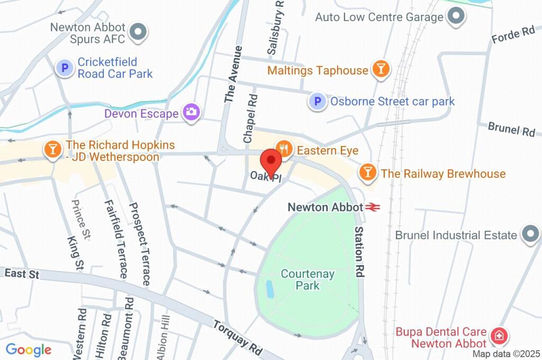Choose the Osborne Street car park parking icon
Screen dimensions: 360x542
(317, 101)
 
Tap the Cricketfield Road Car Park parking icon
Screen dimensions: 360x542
(64, 68)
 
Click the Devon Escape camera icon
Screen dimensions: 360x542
(191, 112)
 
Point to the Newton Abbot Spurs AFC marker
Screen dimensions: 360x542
(138, 32)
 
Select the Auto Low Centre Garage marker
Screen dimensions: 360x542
(455, 17)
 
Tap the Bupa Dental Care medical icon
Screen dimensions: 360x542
(498, 336)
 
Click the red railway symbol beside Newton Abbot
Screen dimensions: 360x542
(372, 207)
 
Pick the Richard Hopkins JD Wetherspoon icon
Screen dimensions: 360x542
(52, 149)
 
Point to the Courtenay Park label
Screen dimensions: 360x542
(300, 280)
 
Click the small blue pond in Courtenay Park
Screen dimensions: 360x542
(269, 289)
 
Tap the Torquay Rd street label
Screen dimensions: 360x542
(238, 336)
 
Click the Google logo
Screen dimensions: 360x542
(28, 349)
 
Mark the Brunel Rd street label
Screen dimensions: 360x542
(511, 129)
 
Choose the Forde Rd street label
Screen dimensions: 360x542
(513, 34)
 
